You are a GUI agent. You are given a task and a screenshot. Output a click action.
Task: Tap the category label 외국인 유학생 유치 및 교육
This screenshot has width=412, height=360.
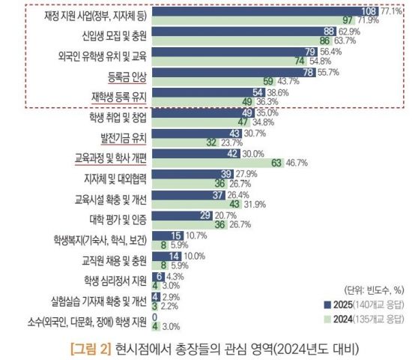103,55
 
